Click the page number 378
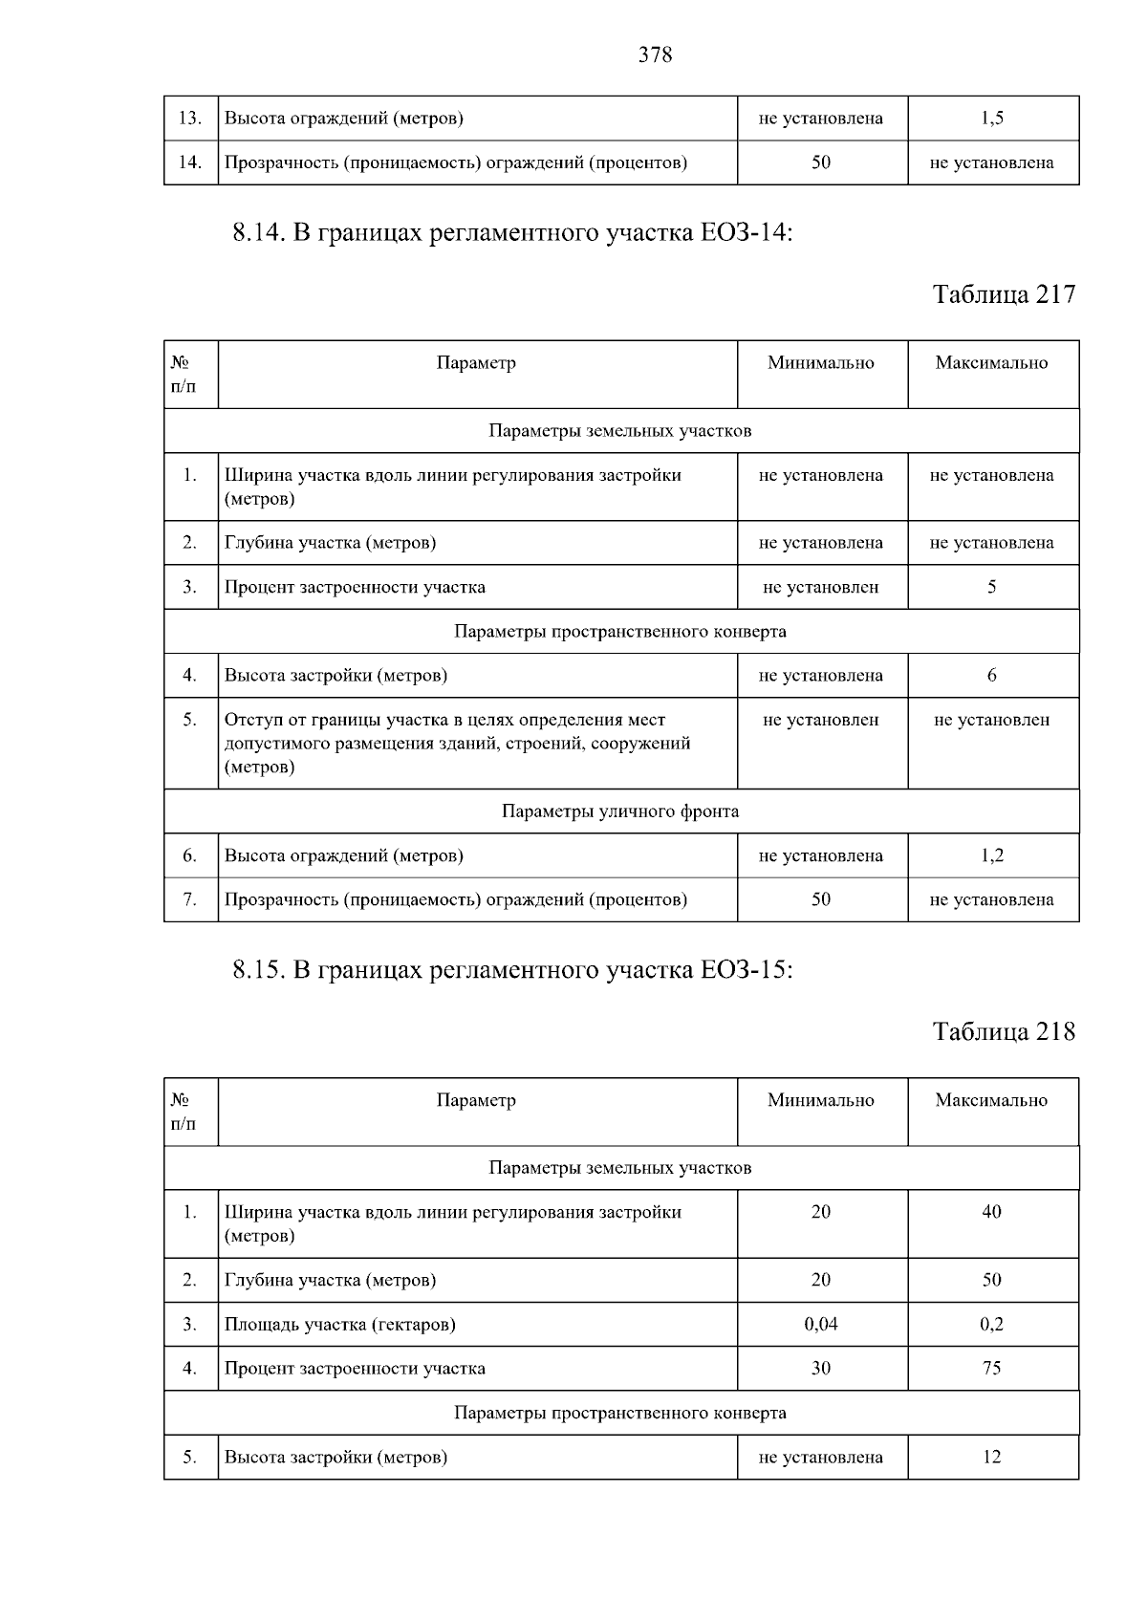[x=655, y=55]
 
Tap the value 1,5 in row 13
[x=992, y=119]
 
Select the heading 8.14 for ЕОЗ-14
[x=513, y=233]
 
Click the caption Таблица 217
[x=1004, y=294]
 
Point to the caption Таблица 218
[x=1004, y=1032]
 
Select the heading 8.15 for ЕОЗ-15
[x=513, y=971]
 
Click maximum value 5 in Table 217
[x=992, y=587]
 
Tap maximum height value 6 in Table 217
[x=992, y=676]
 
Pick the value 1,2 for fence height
[x=992, y=855]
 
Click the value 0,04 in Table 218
[x=821, y=1324]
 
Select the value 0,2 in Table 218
[x=992, y=1324]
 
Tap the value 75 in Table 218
[x=992, y=1368]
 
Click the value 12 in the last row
[x=992, y=1457]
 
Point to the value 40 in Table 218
[x=992, y=1212]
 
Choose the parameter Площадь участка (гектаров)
[x=340, y=1325]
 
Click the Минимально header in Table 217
[x=821, y=363]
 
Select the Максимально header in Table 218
[x=992, y=1100]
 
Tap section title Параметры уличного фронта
[x=620, y=811]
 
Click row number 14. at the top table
[x=190, y=162]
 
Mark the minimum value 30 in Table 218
[x=821, y=1368]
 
